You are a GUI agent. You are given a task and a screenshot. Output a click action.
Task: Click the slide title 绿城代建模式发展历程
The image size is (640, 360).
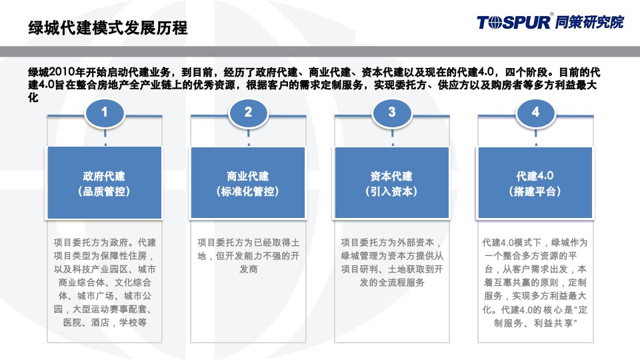coord(107,28)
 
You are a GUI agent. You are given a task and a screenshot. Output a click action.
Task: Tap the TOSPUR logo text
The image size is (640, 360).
coord(513,22)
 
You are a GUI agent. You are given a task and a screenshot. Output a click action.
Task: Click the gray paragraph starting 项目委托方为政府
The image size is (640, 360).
coord(105,283)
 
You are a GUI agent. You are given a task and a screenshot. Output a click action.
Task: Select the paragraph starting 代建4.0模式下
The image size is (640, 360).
coord(535,283)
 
